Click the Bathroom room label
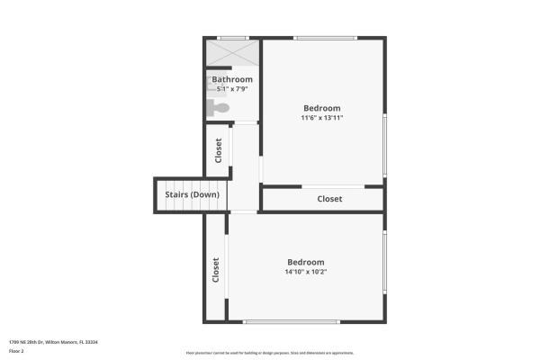click(x=232, y=79)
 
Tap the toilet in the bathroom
click(x=219, y=108)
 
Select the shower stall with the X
click(x=232, y=52)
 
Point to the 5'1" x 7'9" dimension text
click(x=232, y=89)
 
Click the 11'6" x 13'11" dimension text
click(x=322, y=117)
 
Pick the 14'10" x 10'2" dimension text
click(x=305, y=272)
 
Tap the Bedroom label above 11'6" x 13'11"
click(x=322, y=106)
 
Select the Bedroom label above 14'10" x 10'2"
click(x=305, y=262)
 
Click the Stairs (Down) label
click(x=192, y=194)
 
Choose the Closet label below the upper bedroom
click(x=329, y=199)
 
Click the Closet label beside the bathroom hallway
click(x=219, y=149)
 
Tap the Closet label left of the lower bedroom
click(x=216, y=269)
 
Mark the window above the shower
click(x=233, y=38)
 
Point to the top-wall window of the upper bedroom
click(x=325, y=38)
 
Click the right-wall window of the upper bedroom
click(x=384, y=144)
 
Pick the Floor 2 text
click(x=17, y=351)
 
